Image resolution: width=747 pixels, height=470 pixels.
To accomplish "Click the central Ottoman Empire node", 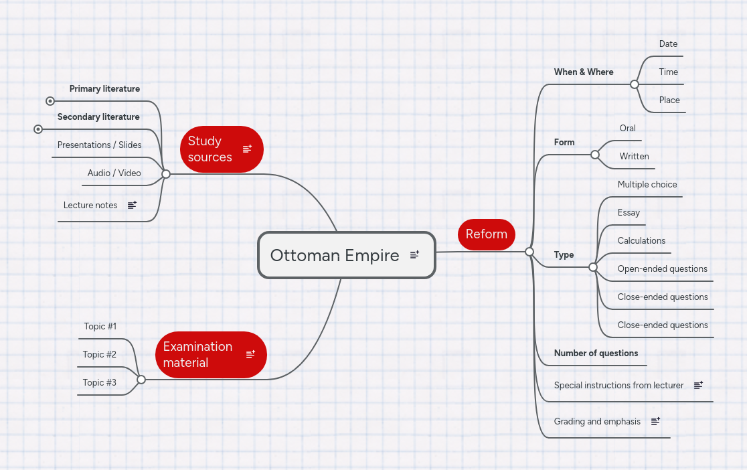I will [335, 255].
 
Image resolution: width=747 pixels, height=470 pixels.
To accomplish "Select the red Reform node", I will [487, 234].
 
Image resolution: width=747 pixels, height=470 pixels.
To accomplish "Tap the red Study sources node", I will [210, 149].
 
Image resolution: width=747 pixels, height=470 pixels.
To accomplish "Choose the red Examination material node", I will [198, 355].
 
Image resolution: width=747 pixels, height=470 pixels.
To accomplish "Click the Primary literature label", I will [104, 88].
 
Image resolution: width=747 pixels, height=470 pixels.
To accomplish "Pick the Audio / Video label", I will [114, 173].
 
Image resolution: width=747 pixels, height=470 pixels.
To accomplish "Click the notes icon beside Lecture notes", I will [132, 205].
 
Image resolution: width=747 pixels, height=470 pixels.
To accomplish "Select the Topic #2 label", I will [100, 354].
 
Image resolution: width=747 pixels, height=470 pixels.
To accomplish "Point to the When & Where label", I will [584, 72].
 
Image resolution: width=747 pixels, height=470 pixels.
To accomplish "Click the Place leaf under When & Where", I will [669, 100].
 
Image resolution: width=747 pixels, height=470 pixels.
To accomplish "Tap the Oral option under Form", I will [628, 128].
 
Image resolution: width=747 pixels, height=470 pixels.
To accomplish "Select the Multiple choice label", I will [647, 184].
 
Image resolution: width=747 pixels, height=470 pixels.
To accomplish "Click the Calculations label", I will [641, 240].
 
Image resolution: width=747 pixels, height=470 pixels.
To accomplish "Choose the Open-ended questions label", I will [662, 268].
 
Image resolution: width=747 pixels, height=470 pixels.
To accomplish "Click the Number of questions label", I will [596, 353].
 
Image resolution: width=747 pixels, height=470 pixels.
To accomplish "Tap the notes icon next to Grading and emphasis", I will [656, 421].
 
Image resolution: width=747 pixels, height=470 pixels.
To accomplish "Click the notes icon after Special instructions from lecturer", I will [698, 385].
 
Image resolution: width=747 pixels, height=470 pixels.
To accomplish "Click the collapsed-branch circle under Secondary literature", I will [38, 129].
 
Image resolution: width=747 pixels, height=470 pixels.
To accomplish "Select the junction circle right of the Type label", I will [592, 267].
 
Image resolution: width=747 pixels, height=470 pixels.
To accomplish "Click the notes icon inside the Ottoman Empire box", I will [414, 254].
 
